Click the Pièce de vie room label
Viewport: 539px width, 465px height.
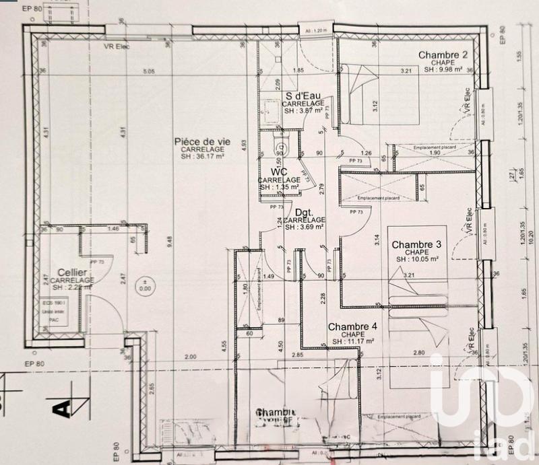(202, 141)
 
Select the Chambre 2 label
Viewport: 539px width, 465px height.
(443, 55)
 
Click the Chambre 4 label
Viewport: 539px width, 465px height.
(352, 327)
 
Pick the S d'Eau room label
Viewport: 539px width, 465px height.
(302, 96)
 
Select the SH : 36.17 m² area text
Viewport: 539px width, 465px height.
(202, 157)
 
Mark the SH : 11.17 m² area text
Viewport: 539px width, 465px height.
(353, 342)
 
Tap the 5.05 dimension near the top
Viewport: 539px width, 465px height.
(149, 71)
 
